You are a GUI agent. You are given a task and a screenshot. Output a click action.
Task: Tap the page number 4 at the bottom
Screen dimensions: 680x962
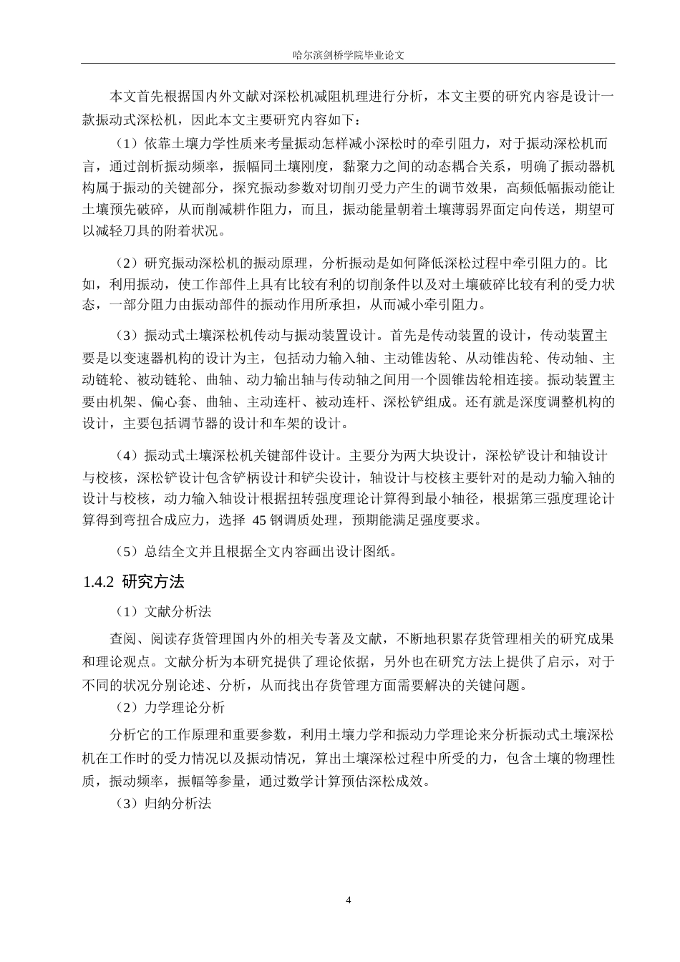click(349, 900)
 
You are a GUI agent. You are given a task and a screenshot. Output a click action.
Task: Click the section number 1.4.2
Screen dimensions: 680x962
click(98, 582)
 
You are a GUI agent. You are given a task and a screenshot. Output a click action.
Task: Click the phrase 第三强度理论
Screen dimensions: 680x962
click(546, 499)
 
